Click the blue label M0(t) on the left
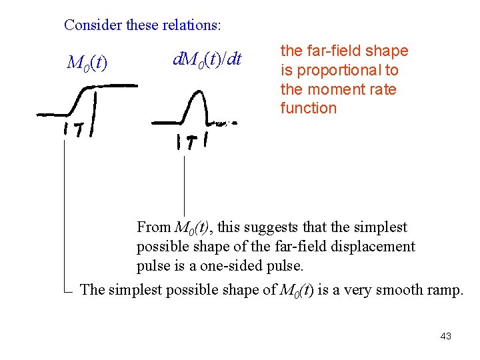point(87,63)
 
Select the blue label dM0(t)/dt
point(207,59)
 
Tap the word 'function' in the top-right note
point(309,108)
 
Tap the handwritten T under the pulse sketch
point(191,142)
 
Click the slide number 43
point(446,336)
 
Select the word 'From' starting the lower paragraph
point(153,227)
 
